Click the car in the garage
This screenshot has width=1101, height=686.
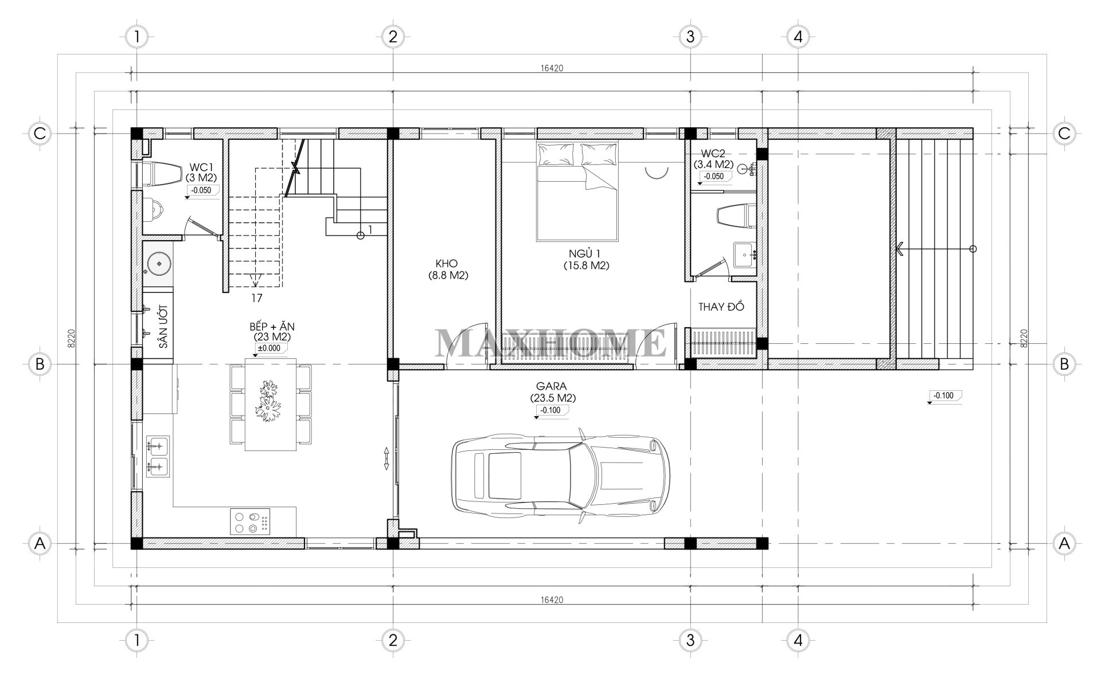[x=560, y=476]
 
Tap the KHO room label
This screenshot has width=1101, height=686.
[x=447, y=264]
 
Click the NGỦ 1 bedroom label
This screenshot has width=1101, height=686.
[x=585, y=254]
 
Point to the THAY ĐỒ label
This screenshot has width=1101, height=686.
[x=721, y=307]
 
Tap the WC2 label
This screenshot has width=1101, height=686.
[x=713, y=155]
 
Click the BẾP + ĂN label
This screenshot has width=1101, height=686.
[x=272, y=327]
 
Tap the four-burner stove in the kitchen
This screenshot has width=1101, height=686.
[x=251, y=521]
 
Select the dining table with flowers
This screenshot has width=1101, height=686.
[x=271, y=404]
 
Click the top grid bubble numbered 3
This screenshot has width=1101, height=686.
[x=690, y=37]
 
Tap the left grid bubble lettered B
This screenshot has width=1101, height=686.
[x=40, y=364]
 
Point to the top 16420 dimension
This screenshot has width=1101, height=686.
[x=552, y=68]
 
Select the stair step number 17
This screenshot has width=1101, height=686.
[x=256, y=298]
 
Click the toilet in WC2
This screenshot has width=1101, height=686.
[x=736, y=216]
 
